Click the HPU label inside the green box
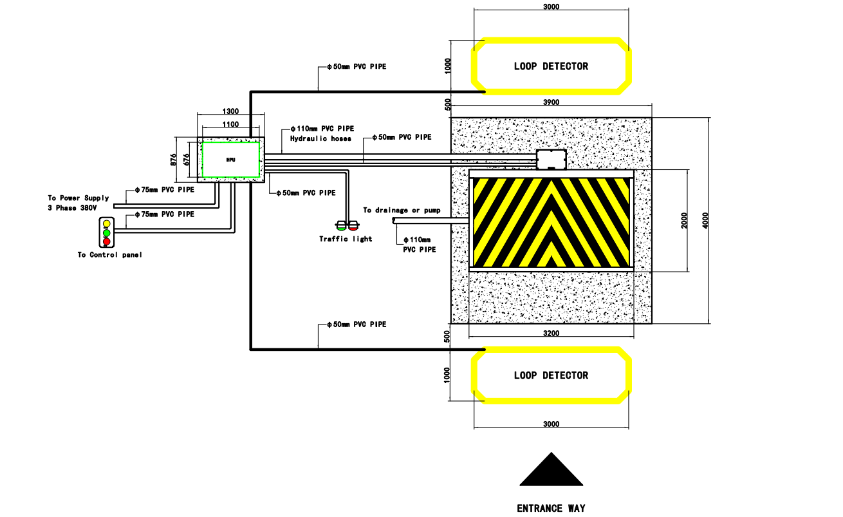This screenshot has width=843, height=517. [230, 160]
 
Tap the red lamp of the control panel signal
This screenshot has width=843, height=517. [107, 241]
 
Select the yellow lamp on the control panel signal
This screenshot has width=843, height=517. [107, 223]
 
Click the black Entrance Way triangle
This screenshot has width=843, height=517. [551, 469]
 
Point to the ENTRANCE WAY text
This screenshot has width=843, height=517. [551, 509]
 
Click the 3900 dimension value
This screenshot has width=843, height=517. [551, 102]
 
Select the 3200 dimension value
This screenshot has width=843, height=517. [551, 334]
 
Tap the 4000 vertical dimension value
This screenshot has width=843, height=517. [705, 220]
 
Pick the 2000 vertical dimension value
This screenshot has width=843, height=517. [684, 220]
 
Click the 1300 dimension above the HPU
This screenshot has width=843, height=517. [230, 111]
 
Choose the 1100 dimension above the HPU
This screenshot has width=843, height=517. [230, 124]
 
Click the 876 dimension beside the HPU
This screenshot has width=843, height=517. [173, 160]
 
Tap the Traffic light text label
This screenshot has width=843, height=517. [346, 239]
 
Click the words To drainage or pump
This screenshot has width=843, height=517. [402, 210]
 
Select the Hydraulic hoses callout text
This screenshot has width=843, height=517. [320, 138]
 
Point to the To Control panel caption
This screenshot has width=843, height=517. [109, 255]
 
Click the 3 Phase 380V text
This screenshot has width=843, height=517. [72, 208]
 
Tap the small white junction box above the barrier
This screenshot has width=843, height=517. [551, 160]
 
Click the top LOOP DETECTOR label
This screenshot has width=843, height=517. [551, 66]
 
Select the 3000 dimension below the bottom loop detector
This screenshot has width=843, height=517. [551, 424]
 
